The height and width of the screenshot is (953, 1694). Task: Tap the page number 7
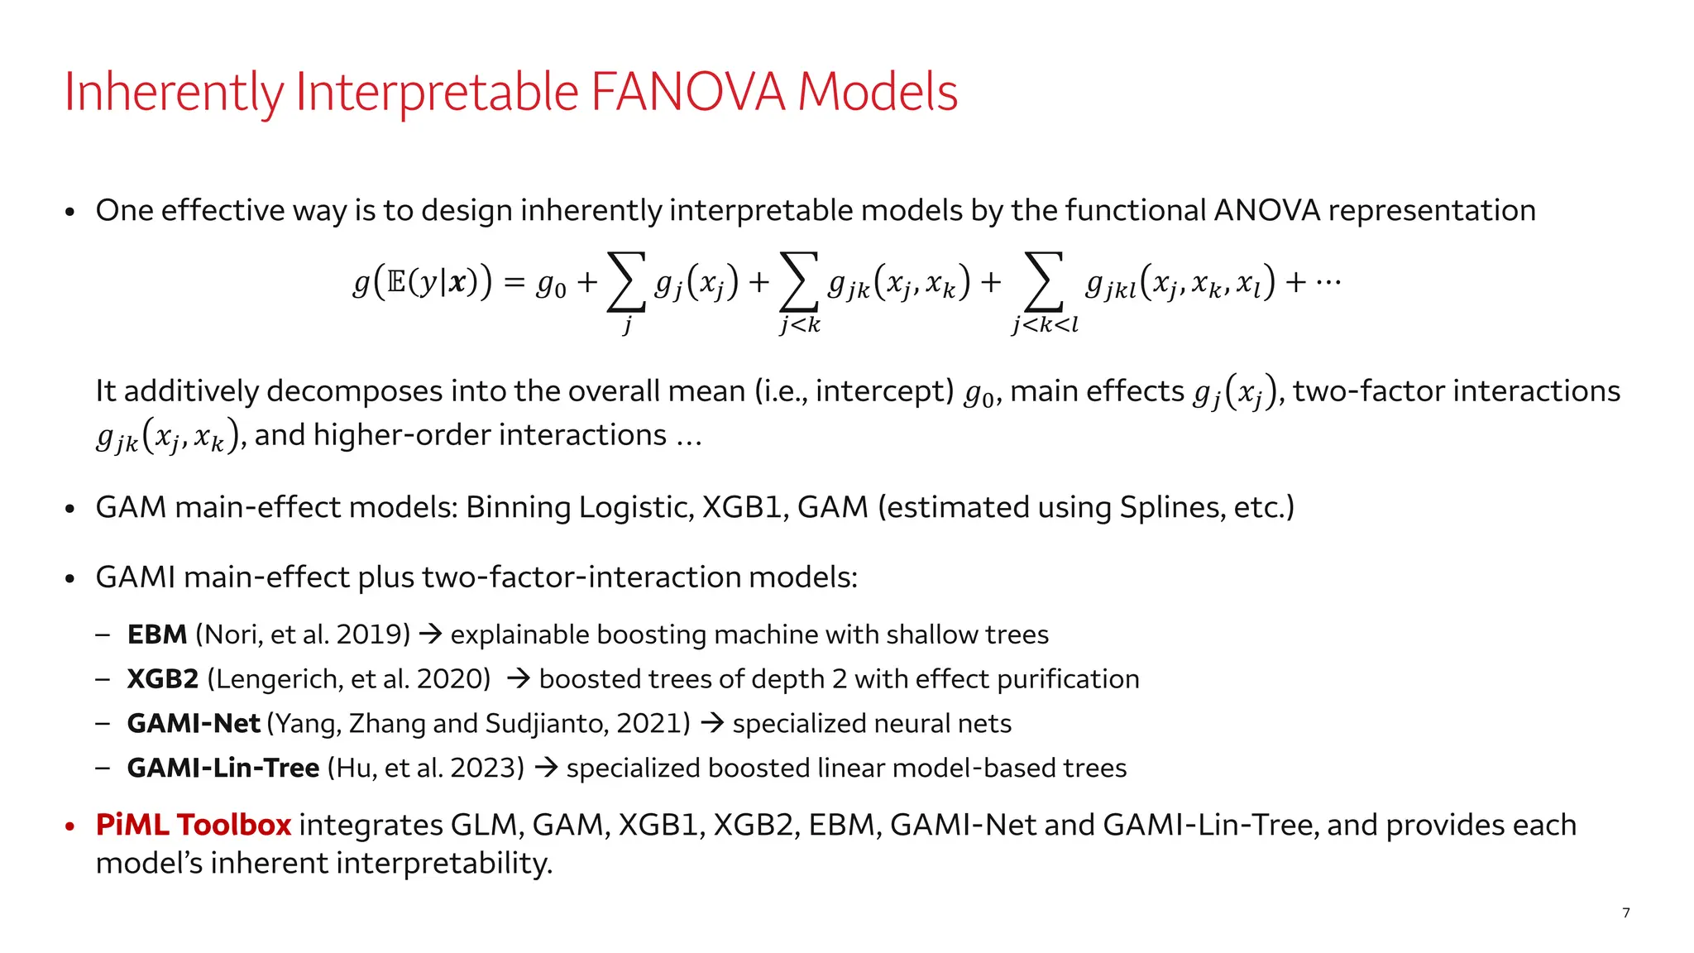pos(1626,912)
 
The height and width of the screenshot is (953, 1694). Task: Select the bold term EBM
pos(157,635)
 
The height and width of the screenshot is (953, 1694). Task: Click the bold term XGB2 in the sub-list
pos(163,679)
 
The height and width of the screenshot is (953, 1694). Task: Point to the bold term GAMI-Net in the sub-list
pos(194,724)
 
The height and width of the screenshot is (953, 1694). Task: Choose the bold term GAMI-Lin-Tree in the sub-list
pos(223,769)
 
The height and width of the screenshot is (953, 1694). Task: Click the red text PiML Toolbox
pos(194,825)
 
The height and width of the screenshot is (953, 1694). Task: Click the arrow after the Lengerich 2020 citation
pos(518,679)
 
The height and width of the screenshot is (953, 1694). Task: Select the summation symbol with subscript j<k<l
pos(1044,284)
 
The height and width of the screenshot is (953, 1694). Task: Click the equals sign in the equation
pos(514,284)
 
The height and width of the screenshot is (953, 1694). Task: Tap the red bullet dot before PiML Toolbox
pos(70,826)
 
